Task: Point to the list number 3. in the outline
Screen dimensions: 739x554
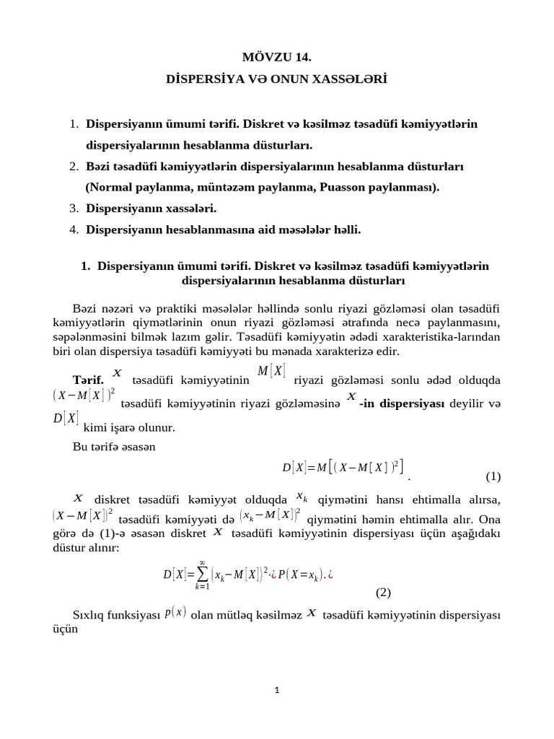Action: tap(74, 208)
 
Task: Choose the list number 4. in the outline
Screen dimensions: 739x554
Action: tap(74, 229)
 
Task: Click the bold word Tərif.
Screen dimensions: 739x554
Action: tap(89, 380)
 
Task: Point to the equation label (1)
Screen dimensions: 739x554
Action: tap(493, 476)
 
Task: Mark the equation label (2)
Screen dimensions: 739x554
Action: tap(383, 593)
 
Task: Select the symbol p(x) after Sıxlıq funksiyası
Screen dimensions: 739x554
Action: tap(175, 612)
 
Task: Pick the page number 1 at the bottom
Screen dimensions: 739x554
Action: tap(278, 690)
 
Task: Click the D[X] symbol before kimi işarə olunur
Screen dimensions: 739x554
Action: tap(66, 419)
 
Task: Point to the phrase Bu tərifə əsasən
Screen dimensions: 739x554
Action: tap(114, 447)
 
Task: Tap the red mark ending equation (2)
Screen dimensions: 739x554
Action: tap(330, 574)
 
